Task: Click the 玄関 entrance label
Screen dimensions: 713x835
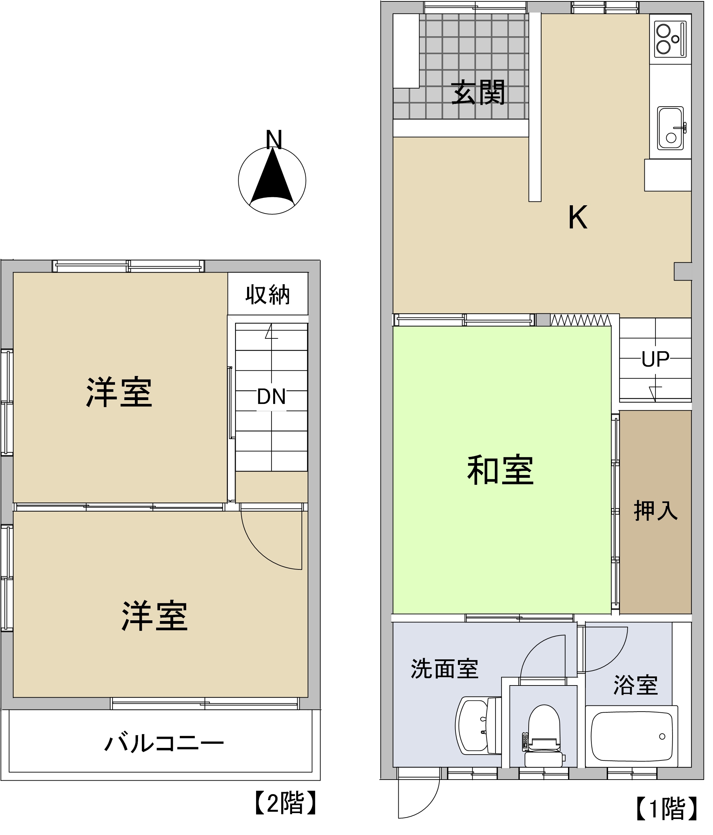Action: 478,92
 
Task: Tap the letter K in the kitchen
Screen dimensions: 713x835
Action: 577,217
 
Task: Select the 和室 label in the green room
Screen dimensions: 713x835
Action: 500,470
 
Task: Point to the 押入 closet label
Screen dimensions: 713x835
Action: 656,511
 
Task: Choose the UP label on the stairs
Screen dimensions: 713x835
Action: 655,359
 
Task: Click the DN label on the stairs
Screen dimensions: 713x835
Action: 271,397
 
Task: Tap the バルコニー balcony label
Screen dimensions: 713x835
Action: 164,743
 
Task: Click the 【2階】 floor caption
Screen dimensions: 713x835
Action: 286,803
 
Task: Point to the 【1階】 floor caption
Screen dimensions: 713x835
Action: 667,809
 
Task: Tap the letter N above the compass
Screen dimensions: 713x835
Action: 274,139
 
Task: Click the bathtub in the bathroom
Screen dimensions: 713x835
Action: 631,736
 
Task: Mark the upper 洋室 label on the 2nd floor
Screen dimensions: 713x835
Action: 119,392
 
